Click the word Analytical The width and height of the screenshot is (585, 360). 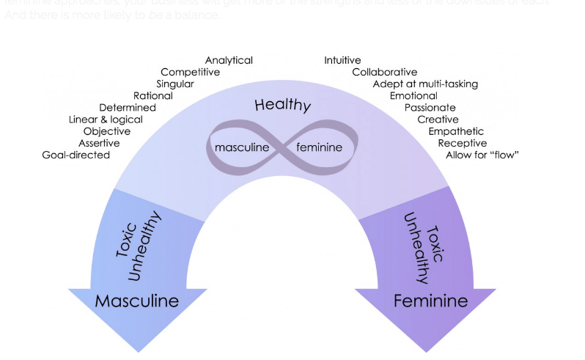coord(229,60)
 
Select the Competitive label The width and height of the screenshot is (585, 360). coord(190,72)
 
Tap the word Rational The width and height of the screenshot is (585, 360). coord(153,95)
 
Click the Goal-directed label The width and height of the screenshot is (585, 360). coord(76,155)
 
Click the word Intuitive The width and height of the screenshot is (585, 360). coord(342,60)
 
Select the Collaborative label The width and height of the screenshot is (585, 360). coord(384,72)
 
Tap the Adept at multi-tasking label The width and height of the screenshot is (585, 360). coord(425,84)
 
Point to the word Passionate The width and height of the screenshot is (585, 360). coord(430,108)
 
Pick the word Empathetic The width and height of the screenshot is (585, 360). coord(456,131)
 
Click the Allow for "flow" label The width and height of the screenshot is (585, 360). coord(482,155)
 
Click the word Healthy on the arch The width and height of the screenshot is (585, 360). coord(283,105)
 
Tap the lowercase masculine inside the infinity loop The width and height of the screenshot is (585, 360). coord(242,147)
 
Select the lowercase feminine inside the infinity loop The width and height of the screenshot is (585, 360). coord(319,147)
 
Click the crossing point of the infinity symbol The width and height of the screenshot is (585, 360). coord(282,147)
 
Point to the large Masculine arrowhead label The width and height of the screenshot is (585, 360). coord(137,301)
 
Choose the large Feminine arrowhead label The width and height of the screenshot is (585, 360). coord(430,301)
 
